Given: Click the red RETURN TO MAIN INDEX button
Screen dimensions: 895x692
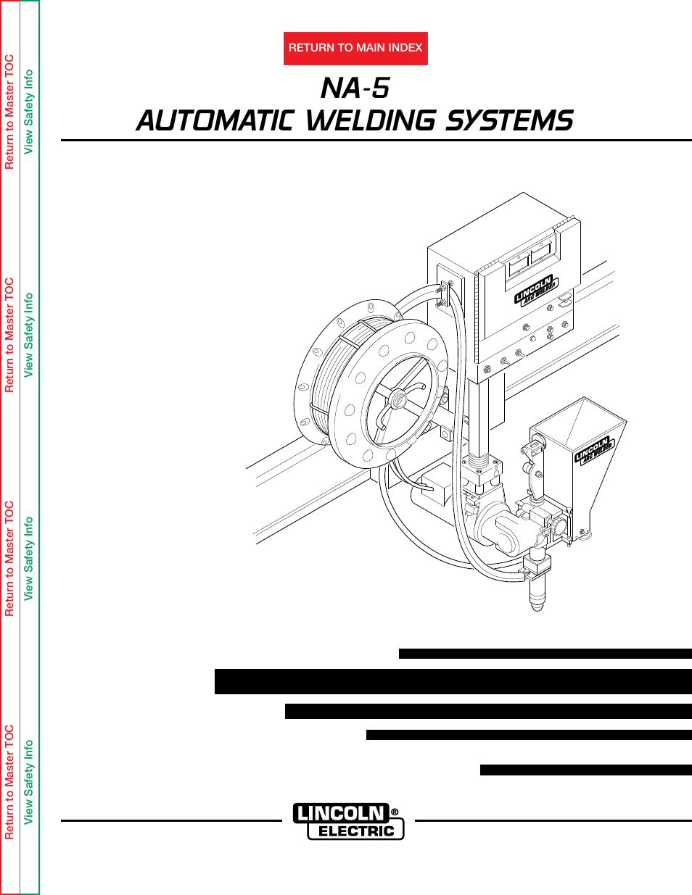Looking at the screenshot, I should point(355,48).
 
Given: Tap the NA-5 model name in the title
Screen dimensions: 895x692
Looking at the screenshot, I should point(355,88).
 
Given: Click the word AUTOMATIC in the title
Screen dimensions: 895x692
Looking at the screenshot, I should point(214,120).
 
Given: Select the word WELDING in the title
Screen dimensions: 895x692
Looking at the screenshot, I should point(369,120).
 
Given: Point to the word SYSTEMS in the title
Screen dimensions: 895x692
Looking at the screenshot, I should point(508,120).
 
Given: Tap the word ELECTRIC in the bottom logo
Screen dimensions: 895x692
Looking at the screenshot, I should point(355,831).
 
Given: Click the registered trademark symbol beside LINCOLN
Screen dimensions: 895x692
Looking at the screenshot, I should point(395,812).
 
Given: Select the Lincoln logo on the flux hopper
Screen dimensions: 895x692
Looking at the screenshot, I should point(594,450).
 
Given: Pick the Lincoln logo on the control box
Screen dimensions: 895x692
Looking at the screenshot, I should point(535,289).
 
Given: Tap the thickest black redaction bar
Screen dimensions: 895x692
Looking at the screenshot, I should point(453,682).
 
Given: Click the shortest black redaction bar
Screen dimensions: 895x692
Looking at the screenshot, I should point(585,770).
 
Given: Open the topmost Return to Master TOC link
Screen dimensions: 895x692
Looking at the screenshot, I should point(9,112).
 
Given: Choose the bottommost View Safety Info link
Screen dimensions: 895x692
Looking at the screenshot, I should point(28,781).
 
